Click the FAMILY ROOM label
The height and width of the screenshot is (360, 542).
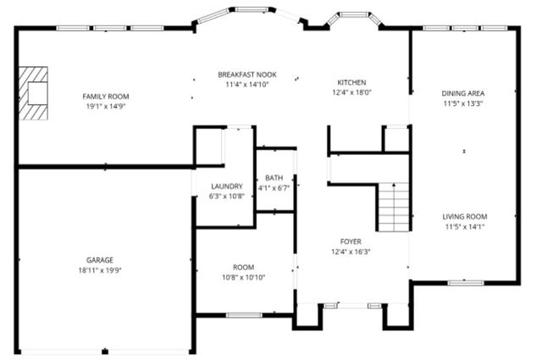click(106, 97)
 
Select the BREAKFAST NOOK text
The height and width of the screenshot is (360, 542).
click(246, 75)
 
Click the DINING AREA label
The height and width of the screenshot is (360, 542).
click(463, 93)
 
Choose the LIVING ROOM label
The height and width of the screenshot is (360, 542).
click(465, 216)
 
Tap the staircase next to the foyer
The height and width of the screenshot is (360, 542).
click(394, 207)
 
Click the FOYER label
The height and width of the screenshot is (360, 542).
click(351, 241)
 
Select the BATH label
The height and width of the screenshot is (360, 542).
click(274, 178)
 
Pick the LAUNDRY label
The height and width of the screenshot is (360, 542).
click(226, 186)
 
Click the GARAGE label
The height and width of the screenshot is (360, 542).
click(99, 260)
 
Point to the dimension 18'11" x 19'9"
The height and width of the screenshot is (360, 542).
click(99, 270)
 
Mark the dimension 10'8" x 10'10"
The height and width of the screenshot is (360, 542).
click(244, 277)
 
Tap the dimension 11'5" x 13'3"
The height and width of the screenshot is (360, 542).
click(463, 103)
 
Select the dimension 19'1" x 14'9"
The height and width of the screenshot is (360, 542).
click(106, 107)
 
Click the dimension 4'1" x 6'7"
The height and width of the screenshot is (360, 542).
click(274, 188)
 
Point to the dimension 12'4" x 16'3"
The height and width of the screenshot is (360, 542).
click(351, 252)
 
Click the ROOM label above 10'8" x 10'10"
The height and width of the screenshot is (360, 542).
click(244, 267)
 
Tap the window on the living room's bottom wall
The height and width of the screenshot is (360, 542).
click(465, 282)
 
